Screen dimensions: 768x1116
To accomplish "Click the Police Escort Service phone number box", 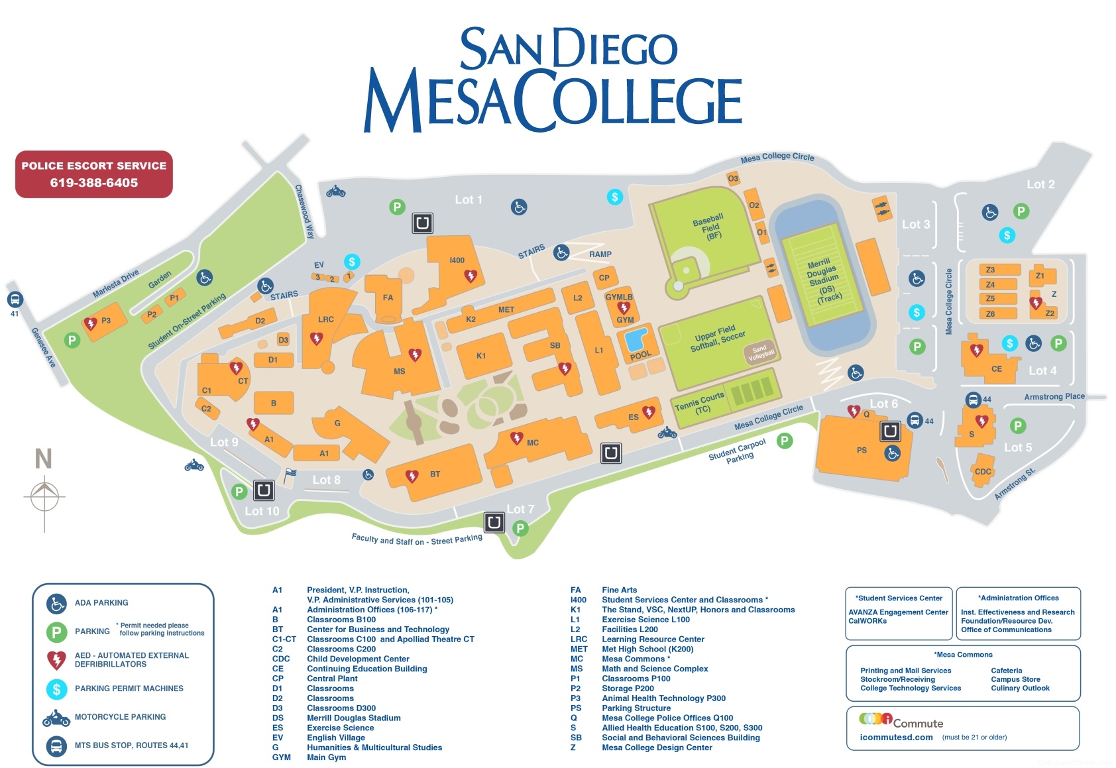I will (93, 174).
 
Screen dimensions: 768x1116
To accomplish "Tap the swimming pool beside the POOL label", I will (636, 339).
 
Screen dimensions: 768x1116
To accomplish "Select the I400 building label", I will (457, 260).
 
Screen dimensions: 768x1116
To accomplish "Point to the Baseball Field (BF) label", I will (710, 227).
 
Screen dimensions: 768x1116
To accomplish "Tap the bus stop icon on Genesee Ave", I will (15, 300).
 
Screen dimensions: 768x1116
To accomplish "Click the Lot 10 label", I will (262, 511).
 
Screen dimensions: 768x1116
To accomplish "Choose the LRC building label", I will (325, 319).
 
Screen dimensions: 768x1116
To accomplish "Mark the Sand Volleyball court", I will (760, 353).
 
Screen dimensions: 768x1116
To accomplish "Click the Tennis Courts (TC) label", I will (699, 402).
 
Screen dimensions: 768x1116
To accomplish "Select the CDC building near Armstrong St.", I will (983, 471).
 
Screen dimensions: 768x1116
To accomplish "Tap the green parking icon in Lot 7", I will (521, 528).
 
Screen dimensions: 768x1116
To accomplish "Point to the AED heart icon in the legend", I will (56, 660).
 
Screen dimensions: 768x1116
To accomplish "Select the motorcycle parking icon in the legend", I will (56, 718).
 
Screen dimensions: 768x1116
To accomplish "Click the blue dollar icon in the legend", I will (56, 689).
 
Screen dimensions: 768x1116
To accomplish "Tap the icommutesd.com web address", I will (896, 738).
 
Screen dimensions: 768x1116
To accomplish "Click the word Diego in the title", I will (615, 48).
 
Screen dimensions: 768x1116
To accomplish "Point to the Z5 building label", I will (990, 298).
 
